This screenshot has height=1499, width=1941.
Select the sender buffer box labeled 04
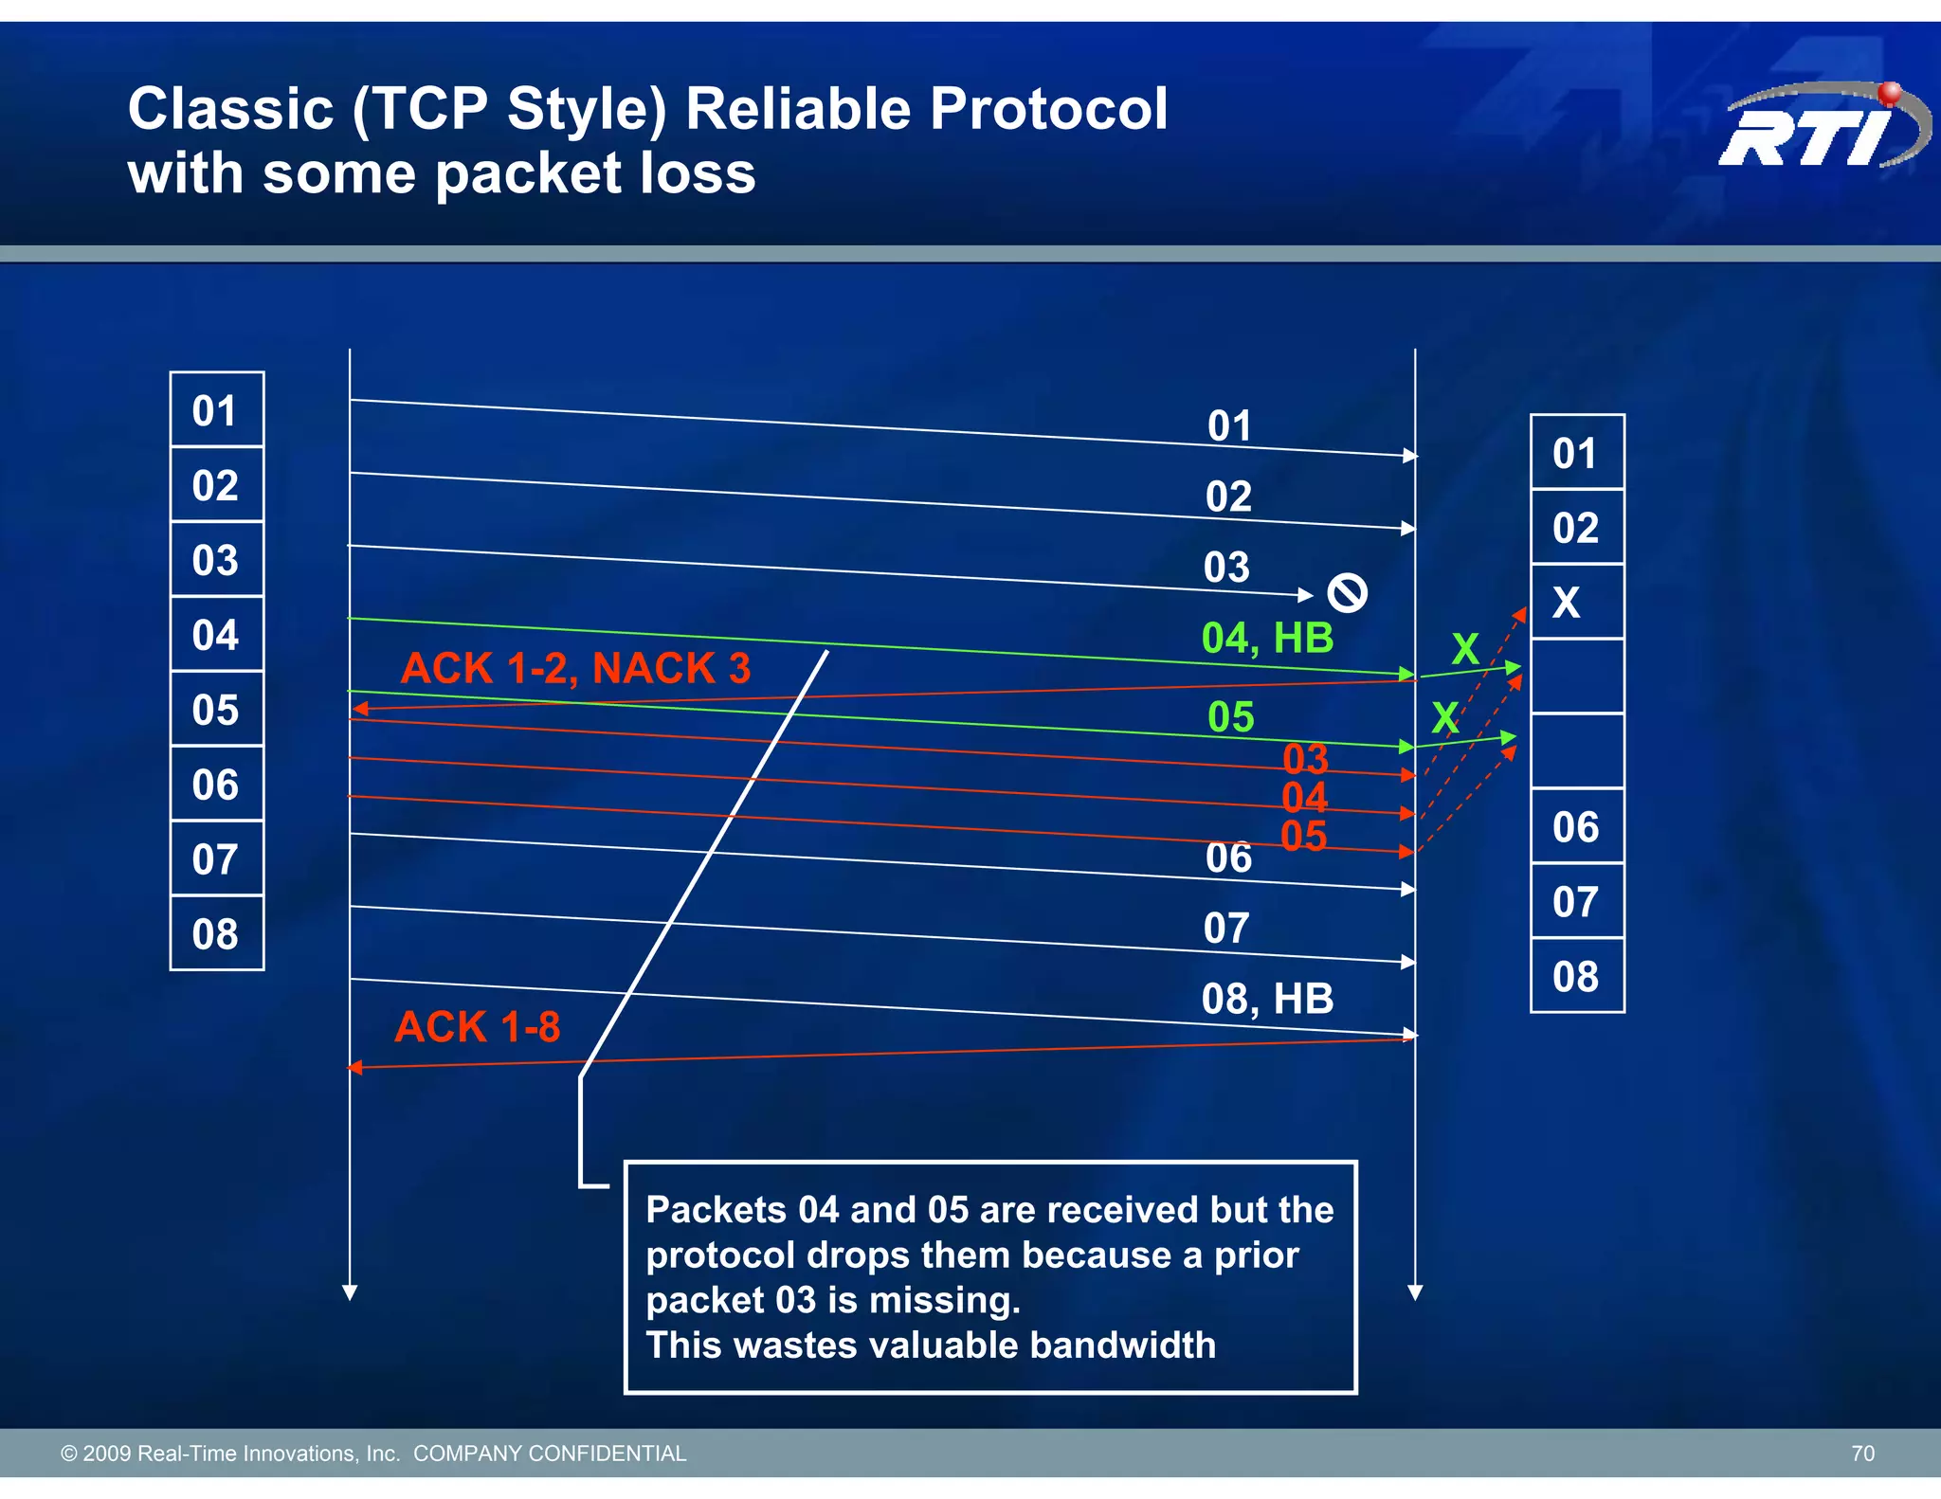(216, 635)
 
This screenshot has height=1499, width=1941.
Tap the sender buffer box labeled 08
(216, 934)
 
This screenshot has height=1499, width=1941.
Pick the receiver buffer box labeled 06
(1576, 827)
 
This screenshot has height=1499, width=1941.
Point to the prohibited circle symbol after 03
(1347, 594)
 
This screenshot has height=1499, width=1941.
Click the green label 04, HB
(1267, 639)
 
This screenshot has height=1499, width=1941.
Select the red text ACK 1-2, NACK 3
(575, 669)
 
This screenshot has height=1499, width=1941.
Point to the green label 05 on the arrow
(1230, 717)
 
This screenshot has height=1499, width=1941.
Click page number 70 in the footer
(1862, 1454)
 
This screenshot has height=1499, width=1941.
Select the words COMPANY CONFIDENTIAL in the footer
(550, 1454)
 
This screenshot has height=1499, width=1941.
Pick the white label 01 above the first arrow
(1229, 426)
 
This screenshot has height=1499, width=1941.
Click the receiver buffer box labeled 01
(1576, 453)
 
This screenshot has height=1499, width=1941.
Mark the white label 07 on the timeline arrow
(1226, 929)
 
